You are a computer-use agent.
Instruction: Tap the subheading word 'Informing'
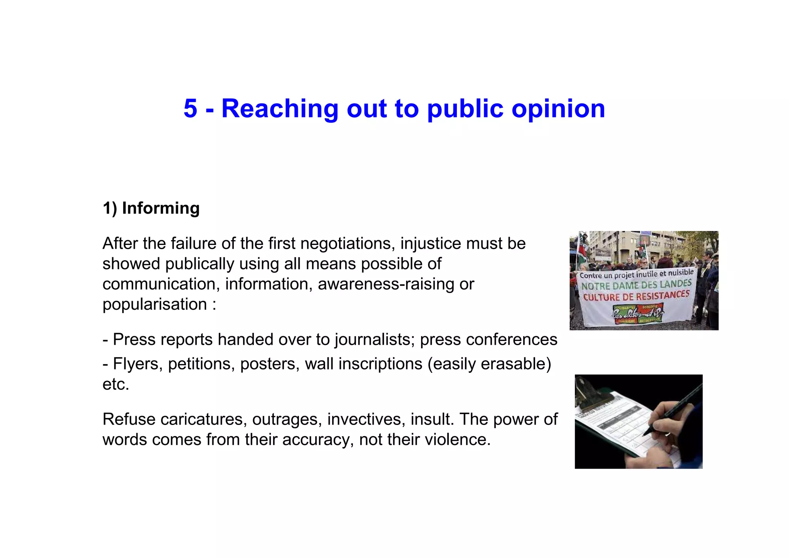point(161,208)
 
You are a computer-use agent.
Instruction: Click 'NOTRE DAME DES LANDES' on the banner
point(636,285)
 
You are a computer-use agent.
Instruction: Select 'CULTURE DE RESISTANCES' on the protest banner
point(636,296)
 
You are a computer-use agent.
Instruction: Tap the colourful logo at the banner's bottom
point(638,313)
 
